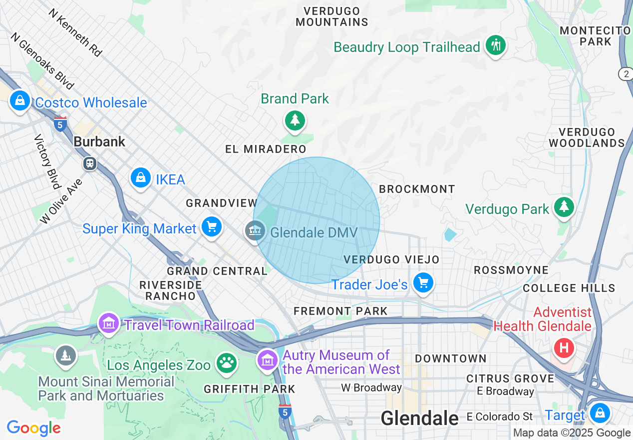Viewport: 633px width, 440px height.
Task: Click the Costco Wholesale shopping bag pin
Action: point(19,101)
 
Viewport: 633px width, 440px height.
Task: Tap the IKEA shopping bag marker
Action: point(141,178)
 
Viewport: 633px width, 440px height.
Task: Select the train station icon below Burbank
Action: point(90,163)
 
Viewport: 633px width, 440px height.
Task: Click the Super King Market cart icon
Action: point(212,227)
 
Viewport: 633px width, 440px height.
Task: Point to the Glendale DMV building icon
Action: point(255,231)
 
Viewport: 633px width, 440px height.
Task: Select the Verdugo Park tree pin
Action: point(564,207)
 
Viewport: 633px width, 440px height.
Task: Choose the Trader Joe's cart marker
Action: point(423,283)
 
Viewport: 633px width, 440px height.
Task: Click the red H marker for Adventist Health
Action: point(564,347)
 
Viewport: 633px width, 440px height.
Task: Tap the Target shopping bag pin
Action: point(599,413)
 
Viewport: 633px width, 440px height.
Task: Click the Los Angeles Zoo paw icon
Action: point(227,363)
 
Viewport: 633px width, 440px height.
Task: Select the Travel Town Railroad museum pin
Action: point(109,323)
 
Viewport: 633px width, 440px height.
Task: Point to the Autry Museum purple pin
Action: point(268,359)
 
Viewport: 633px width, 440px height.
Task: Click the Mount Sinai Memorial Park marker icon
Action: point(65,355)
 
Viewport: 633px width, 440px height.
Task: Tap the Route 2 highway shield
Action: point(626,74)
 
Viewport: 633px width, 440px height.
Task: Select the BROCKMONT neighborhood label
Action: point(417,189)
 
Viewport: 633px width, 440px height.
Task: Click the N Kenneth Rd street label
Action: point(75,32)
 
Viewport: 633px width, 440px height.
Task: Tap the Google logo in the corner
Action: point(33,428)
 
